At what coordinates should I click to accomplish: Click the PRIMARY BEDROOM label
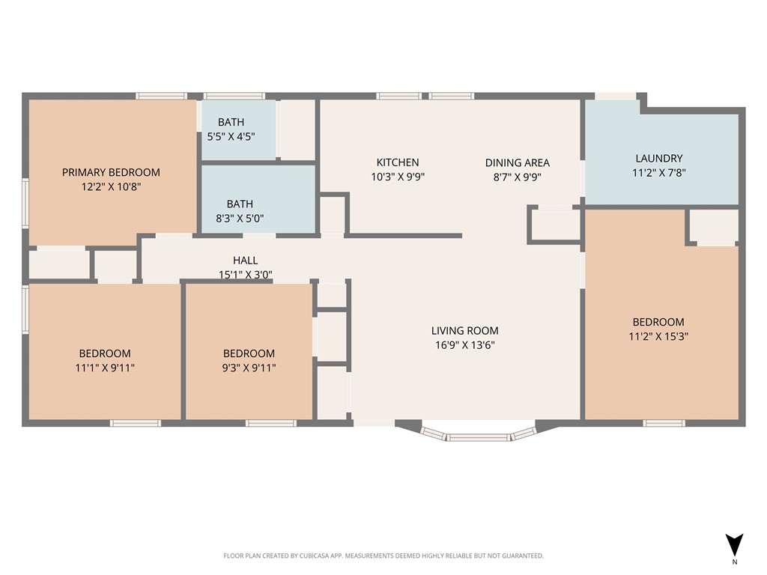tap(111, 172)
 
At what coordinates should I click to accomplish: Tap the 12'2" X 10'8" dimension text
tap(111, 186)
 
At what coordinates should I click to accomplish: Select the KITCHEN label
tap(397, 162)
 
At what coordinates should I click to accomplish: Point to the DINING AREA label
tap(517, 162)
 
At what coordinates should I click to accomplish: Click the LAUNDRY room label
tap(658, 158)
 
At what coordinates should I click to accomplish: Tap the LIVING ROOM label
tap(464, 330)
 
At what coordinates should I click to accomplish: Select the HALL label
tap(245, 260)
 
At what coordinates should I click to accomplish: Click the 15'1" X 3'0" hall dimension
tap(245, 274)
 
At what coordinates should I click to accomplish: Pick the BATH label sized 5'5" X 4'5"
tap(231, 122)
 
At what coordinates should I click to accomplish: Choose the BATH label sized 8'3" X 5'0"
tap(240, 204)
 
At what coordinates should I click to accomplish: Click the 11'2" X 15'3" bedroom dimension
tap(658, 336)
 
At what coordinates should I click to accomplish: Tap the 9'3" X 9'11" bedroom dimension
tap(249, 368)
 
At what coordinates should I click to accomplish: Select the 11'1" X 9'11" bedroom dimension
tap(105, 368)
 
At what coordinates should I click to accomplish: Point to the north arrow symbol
tap(734, 545)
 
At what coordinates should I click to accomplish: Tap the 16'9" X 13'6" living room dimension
tap(464, 345)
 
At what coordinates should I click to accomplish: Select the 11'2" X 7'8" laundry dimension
tap(658, 172)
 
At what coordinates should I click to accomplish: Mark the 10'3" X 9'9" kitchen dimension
tap(397, 177)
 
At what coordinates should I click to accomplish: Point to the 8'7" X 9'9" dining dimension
tap(517, 177)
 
